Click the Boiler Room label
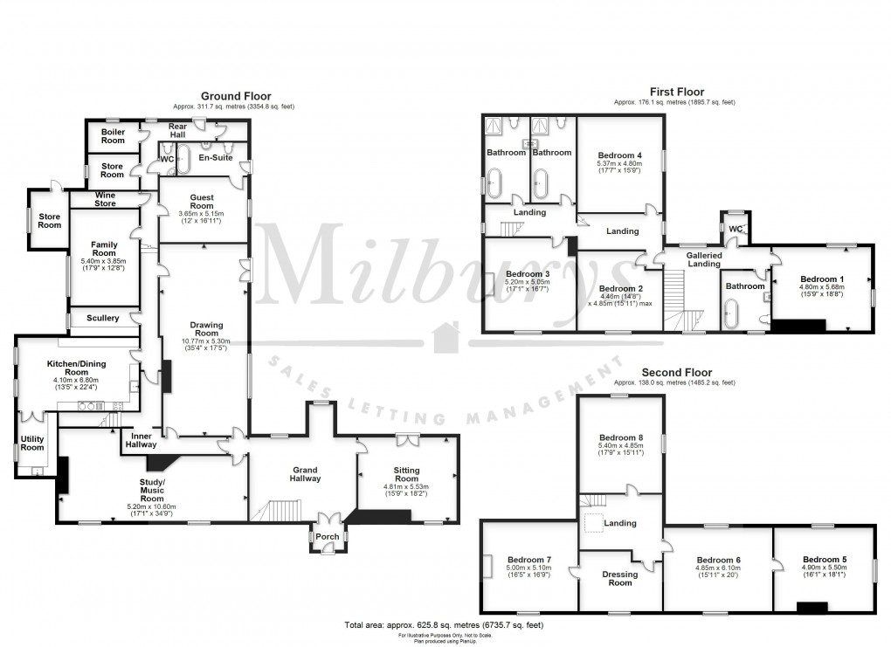[113, 135]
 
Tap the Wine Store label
[105, 199]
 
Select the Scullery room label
[103, 318]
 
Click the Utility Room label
[32, 443]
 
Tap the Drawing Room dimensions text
[206, 343]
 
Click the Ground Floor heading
[236, 96]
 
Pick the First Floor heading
[676, 92]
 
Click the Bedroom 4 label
[619, 155]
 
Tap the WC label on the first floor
[735, 229]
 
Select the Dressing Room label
[620, 578]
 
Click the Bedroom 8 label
[621, 438]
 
